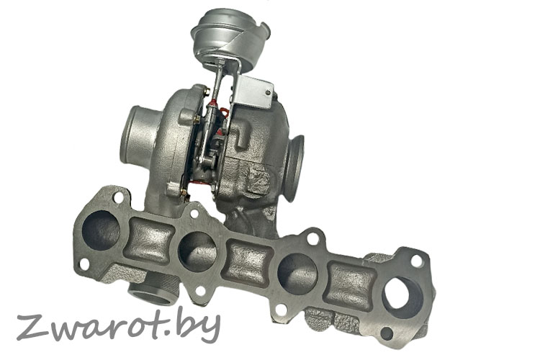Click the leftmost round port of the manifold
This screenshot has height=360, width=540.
[101, 230]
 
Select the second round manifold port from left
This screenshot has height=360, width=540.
[197, 251]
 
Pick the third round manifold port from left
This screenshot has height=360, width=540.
[297, 273]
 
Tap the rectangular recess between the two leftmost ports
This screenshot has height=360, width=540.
[149, 240]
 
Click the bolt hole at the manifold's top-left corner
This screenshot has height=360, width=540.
[118, 198]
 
